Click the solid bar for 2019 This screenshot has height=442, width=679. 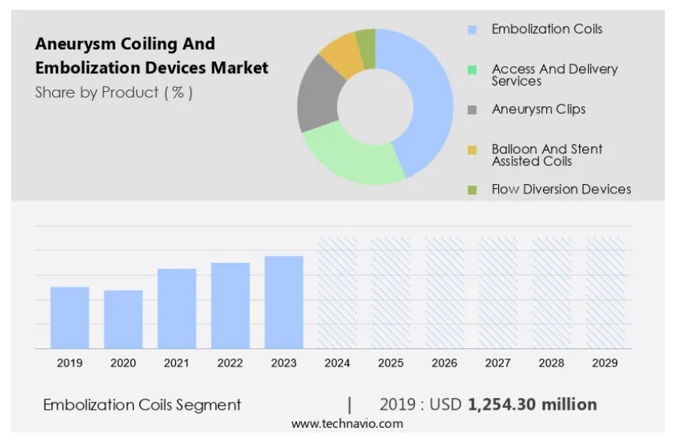(70, 318)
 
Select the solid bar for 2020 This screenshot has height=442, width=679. (123, 319)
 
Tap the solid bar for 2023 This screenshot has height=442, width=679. (284, 302)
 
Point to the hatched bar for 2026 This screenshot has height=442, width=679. (444, 293)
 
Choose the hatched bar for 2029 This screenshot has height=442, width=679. (605, 293)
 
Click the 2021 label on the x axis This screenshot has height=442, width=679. (177, 363)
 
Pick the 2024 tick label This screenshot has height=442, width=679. (337, 363)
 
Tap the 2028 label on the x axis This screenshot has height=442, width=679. (551, 363)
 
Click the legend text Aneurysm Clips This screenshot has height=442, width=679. (538, 109)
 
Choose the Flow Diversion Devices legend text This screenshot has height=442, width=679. (561, 189)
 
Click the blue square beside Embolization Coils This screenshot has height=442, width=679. (472, 30)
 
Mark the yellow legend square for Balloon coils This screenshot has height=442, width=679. (472, 149)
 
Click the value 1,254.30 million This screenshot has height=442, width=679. (532, 404)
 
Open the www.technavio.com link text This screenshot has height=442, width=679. (347, 424)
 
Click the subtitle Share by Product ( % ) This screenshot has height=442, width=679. (114, 92)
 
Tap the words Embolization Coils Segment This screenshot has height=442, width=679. (141, 405)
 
